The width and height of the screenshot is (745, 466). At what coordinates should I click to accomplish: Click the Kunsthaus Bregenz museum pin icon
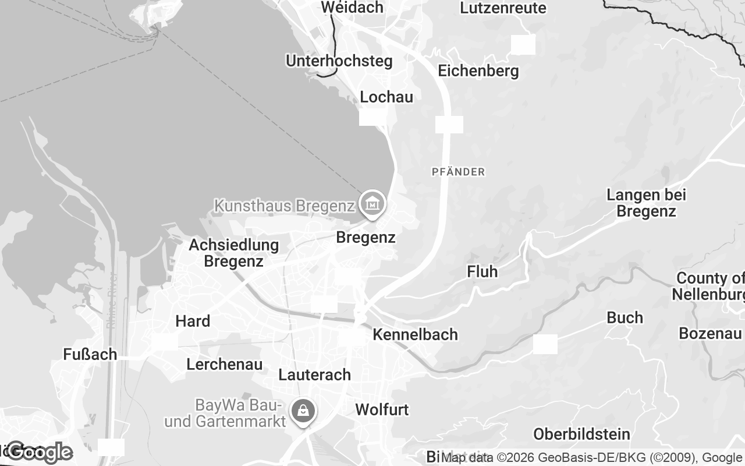pos(372,204)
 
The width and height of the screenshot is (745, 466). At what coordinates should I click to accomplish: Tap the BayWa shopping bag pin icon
pos(303,411)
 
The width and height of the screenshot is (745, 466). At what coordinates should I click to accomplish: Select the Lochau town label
pos(386,97)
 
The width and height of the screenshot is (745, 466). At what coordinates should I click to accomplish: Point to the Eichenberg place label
pos(478,71)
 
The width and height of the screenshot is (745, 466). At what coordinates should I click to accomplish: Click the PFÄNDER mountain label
pos(458,172)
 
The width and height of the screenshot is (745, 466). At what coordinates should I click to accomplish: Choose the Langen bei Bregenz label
pos(646,203)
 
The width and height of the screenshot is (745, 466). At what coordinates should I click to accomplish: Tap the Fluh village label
pos(483,271)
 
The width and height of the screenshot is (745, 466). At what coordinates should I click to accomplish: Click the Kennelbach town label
pos(415,334)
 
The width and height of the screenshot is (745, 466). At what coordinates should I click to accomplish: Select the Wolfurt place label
pos(382,409)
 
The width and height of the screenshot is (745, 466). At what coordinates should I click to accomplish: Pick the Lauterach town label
pos(315,375)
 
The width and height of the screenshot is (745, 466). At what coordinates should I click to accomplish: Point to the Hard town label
pos(193,321)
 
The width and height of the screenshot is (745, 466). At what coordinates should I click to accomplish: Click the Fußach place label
pos(90,354)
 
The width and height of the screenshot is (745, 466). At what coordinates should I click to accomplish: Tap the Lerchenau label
pos(225,365)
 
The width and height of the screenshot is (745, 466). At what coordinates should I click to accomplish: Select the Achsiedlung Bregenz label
pos(233,253)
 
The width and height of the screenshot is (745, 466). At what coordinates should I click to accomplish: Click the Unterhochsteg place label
pos(339,61)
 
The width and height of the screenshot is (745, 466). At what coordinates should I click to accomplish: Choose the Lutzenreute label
pos(503,8)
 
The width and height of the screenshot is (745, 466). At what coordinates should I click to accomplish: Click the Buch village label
pos(625,317)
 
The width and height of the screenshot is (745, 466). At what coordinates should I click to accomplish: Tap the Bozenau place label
pos(710,334)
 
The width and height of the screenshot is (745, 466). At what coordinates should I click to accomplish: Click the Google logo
pos(40,452)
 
